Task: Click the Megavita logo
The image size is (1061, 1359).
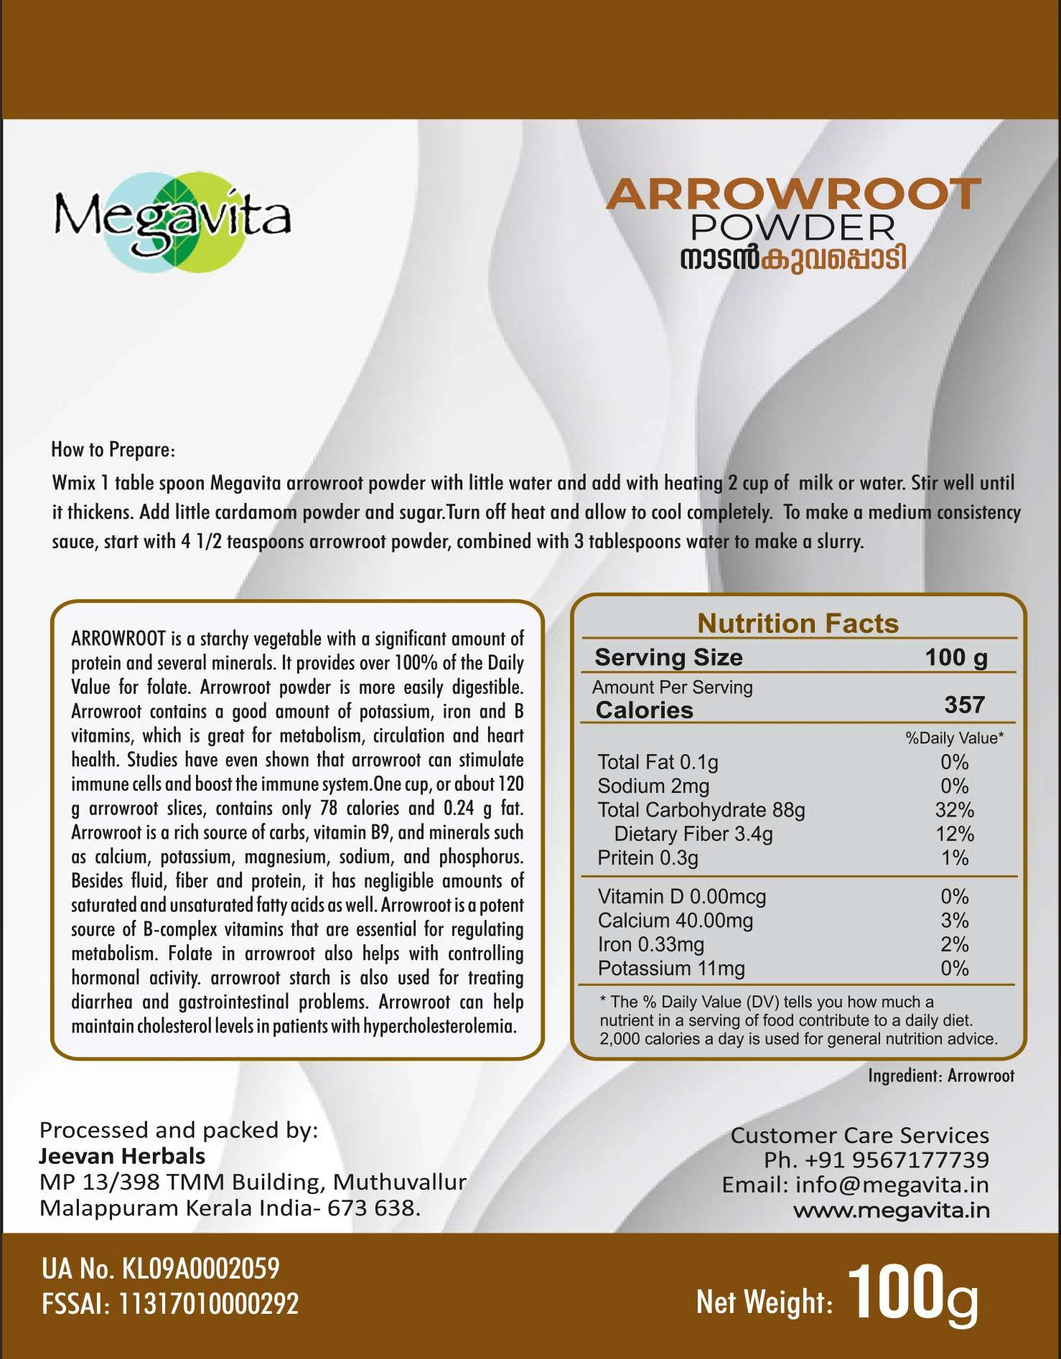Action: click(172, 218)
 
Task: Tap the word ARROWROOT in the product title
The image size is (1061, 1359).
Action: click(793, 194)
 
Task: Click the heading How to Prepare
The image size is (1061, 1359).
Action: click(113, 450)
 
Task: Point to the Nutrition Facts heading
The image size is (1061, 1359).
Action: click(798, 624)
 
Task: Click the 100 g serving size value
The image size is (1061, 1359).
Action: click(955, 657)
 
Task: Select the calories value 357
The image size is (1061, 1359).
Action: click(964, 705)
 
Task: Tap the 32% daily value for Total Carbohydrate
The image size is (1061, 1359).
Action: click(954, 810)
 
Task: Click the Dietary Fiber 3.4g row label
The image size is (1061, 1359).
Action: click(693, 834)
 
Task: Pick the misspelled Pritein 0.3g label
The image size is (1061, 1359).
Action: click(648, 858)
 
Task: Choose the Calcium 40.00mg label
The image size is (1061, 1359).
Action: click(675, 921)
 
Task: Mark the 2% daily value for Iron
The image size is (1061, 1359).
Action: click(954, 944)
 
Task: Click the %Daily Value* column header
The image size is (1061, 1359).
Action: click(954, 738)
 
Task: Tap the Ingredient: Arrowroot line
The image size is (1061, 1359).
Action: click(940, 1076)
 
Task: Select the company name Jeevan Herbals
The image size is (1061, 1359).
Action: click(122, 1156)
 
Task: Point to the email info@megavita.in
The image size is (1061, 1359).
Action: click(892, 1185)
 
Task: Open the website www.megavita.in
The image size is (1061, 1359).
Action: click(891, 1210)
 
